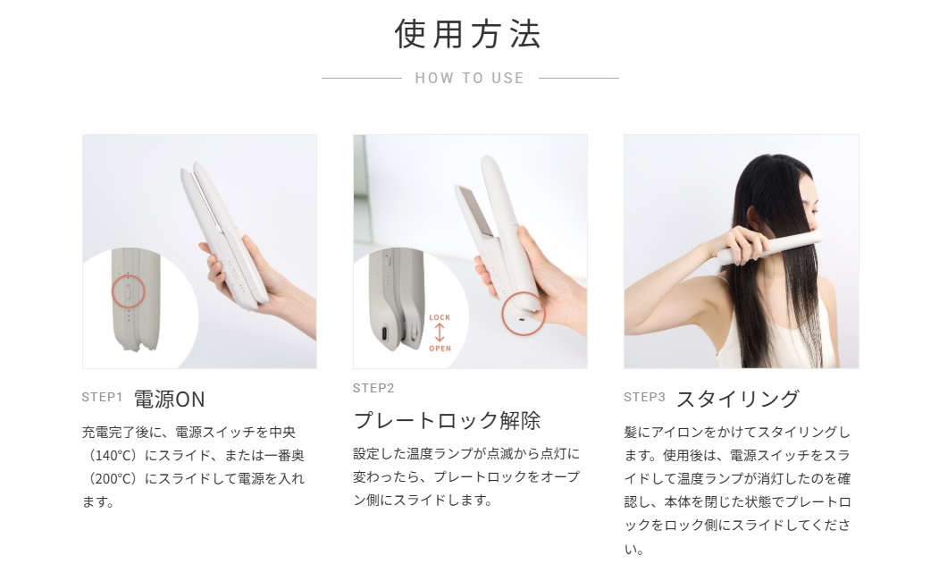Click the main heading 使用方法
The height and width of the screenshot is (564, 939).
point(468,34)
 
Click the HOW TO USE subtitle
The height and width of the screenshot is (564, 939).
point(470,78)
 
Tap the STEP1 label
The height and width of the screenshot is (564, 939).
point(102,397)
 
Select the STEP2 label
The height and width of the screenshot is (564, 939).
point(373,388)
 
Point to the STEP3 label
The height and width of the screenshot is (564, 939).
point(644,397)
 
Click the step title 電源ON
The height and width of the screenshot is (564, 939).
point(169,400)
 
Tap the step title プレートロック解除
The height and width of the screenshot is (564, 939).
point(447,420)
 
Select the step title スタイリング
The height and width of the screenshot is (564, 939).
point(738,399)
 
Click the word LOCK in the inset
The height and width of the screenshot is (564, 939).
point(440,317)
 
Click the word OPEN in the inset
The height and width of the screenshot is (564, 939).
point(440,349)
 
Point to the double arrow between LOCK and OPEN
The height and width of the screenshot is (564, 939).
point(440,333)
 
